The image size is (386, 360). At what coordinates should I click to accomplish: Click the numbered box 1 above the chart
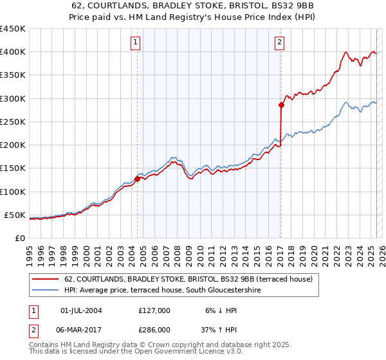click(x=136, y=43)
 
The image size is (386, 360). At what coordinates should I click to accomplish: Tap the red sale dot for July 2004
click(x=137, y=179)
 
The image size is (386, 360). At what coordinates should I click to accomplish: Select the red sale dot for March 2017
click(x=281, y=104)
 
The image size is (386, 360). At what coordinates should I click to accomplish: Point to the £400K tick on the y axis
click(x=13, y=52)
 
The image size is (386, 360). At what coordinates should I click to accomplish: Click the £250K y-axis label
click(x=13, y=122)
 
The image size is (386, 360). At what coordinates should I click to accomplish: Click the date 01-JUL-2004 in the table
click(x=81, y=310)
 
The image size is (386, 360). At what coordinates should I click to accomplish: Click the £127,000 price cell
click(x=154, y=310)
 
